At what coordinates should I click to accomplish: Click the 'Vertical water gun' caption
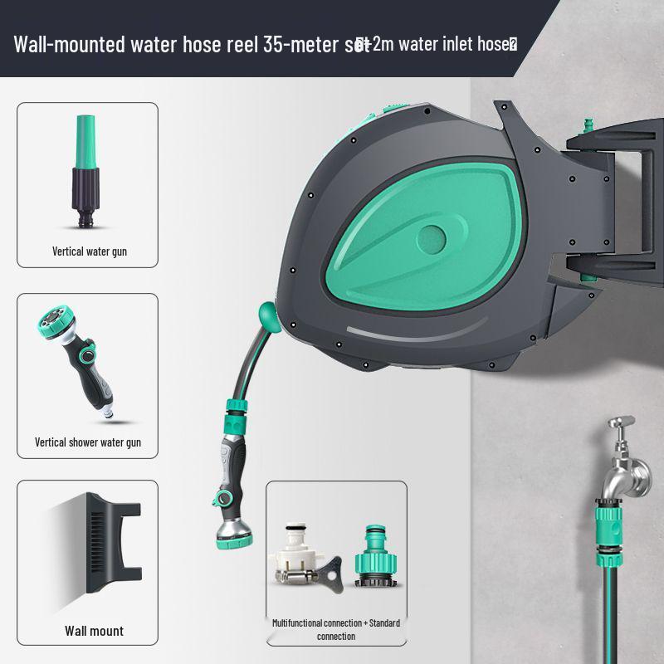click(89, 251)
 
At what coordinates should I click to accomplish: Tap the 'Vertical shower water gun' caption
click(88, 442)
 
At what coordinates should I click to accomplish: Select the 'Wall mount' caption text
click(94, 631)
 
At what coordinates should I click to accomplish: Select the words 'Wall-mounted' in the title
click(68, 43)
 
